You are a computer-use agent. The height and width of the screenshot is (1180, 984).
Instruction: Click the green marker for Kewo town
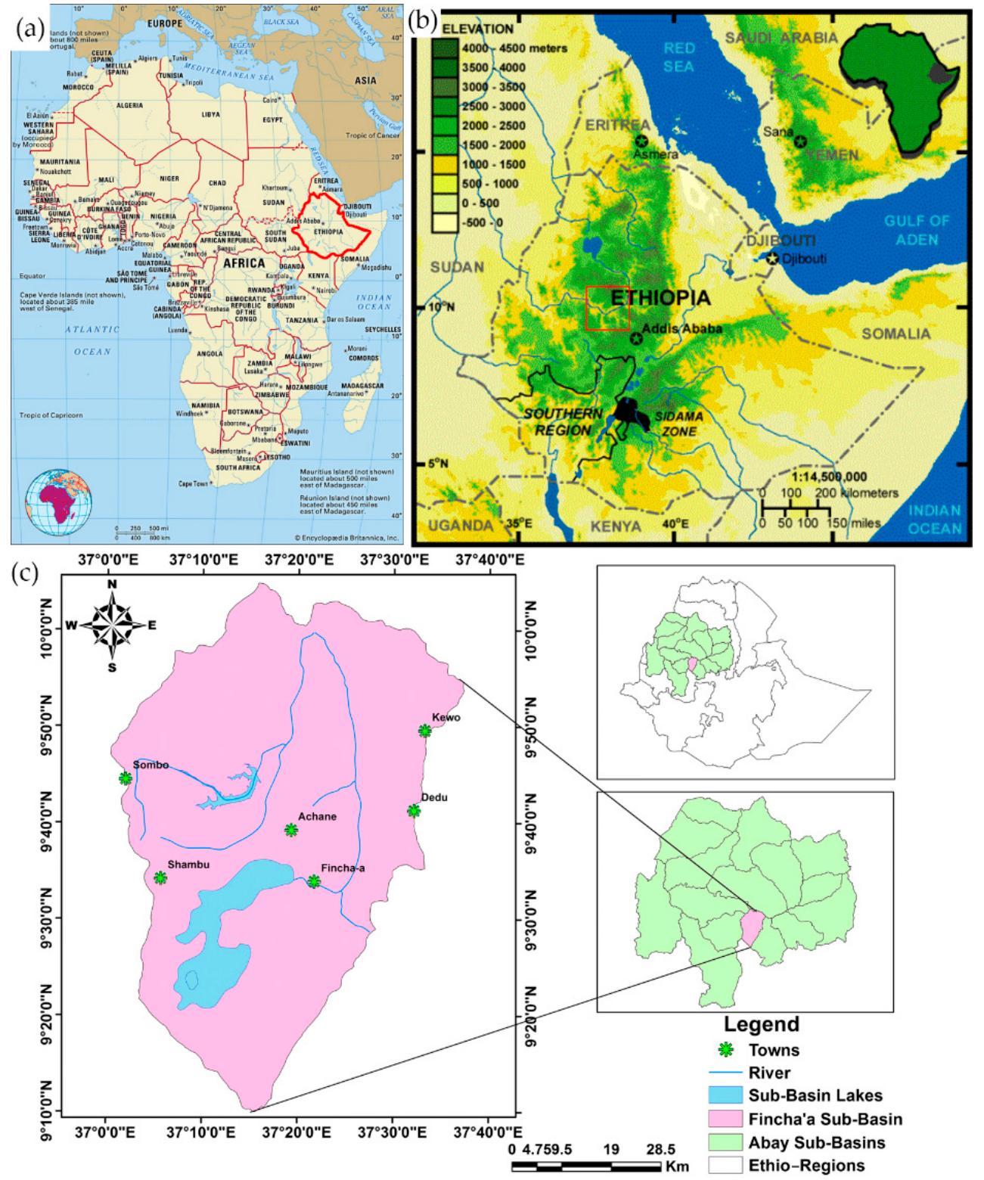coord(425,730)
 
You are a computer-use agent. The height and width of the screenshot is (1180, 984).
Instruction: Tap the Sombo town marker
coord(126,778)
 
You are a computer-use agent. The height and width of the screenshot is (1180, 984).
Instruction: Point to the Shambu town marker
coord(160,877)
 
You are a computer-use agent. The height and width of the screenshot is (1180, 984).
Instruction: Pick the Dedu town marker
coord(414,810)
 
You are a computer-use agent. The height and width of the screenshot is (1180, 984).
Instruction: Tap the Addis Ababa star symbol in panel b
coord(637,338)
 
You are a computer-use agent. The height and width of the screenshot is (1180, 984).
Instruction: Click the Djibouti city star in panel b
coord(772,259)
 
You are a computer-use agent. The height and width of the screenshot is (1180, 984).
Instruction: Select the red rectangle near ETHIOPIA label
coord(607,309)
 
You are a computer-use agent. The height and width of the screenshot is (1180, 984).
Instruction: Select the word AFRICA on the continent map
coord(244,262)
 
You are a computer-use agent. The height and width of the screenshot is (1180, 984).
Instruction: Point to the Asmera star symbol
coord(642,141)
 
